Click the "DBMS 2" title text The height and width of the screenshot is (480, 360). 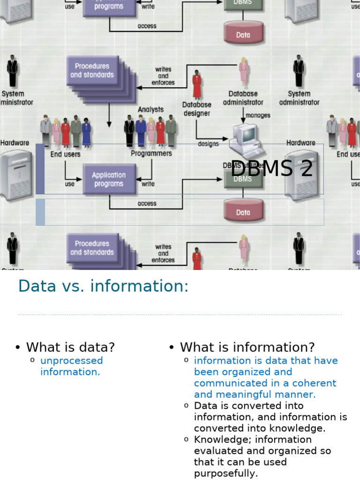click(x=271, y=168)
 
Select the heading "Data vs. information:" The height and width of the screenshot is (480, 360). click(x=103, y=286)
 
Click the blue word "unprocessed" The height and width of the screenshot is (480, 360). click(x=71, y=360)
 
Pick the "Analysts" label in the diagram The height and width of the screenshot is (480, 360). click(x=150, y=109)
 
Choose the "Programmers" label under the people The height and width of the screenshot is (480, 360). click(x=151, y=153)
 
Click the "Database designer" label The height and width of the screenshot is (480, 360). click(x=196, y=109)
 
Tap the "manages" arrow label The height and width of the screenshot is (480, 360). click(x=258, y=115)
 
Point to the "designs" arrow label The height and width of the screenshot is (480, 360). click(x=208, y=144)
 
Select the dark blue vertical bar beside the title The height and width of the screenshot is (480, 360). click(x=40, y=169)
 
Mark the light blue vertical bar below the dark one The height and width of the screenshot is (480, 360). click(x=40, y=212)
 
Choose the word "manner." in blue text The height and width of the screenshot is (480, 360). click(x=297, y=394)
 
